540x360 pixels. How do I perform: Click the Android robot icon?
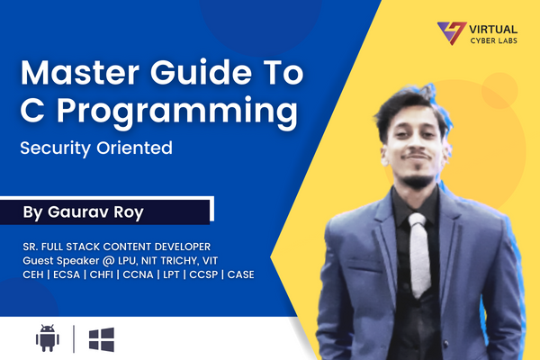[47, 338]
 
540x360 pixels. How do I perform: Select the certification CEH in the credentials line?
[35, 274]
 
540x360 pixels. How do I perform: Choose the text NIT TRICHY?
[188, 259]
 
